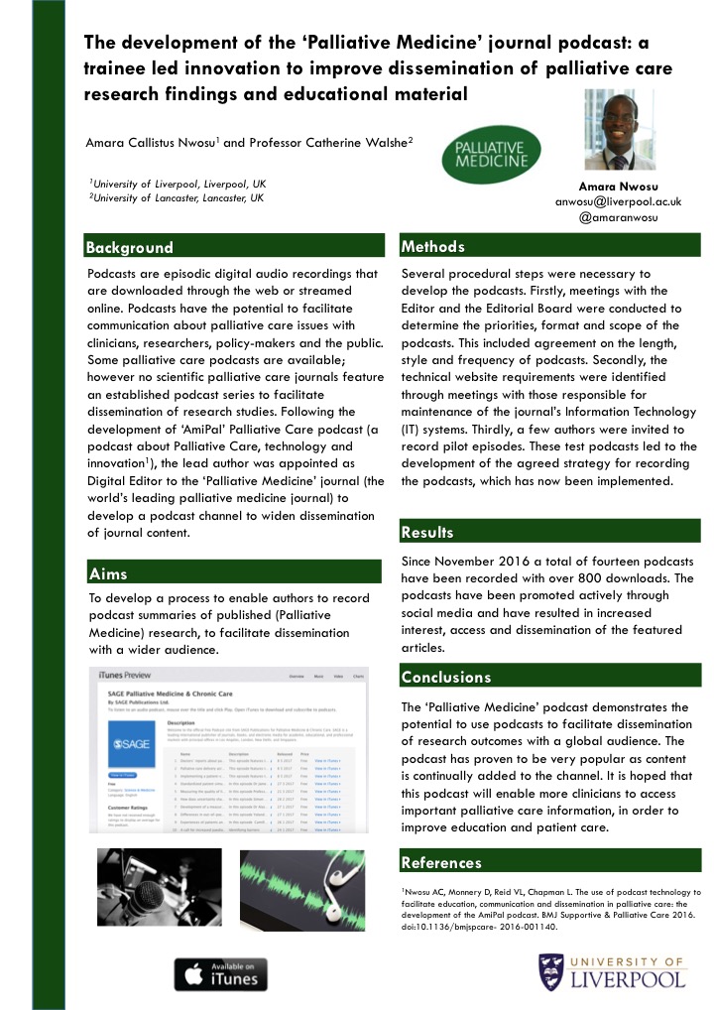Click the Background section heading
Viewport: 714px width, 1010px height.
pos(130,248)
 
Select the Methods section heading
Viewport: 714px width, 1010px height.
pos(432,246)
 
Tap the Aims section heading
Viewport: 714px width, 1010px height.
pos(108,573)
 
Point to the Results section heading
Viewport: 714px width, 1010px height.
pos(427,533)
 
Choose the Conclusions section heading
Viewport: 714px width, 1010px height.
pos(446,678)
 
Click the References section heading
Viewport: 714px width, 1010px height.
pos(441,862)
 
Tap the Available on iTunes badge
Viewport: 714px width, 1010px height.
pos(215,973)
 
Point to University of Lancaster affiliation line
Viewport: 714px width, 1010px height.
pos(177,198)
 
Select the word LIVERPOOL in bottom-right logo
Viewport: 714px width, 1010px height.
pos(631,980)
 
